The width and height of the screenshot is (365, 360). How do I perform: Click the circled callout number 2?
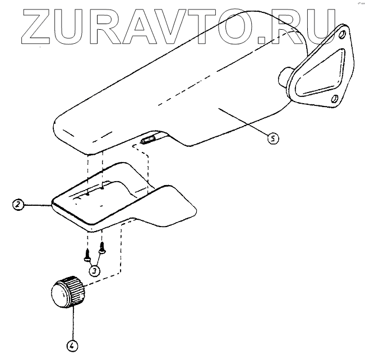click(19, 205)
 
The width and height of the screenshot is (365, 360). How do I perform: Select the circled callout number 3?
click(95, 270)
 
